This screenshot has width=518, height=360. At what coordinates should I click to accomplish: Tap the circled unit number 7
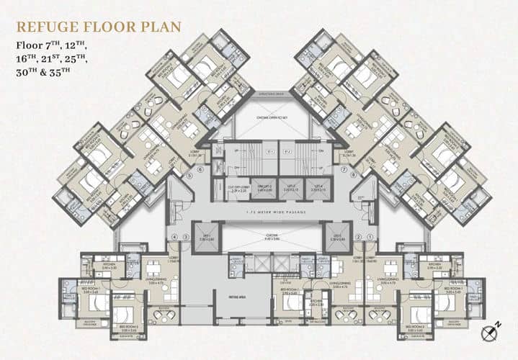[x=344, y=172]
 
